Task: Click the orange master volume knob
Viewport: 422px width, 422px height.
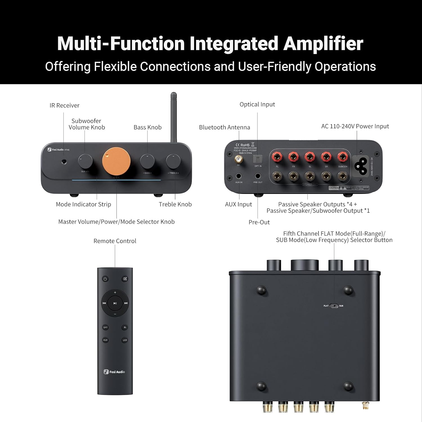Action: (116, 161)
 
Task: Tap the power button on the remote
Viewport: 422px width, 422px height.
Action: (105, 279)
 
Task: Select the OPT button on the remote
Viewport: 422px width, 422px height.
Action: (105, 327)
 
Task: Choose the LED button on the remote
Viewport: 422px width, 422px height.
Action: (125, 340)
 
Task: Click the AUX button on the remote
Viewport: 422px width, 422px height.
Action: (105, 340)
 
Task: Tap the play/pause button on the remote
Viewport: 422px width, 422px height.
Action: (115, 303)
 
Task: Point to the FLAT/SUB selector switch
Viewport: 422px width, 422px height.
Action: (334, 306)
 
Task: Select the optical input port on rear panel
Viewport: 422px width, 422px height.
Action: (258, 160)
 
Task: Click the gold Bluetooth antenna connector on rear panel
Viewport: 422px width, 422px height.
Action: (239, 160)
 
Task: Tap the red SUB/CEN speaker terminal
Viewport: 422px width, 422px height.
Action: (342, 156)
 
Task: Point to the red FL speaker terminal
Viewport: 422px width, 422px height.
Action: (277, 156)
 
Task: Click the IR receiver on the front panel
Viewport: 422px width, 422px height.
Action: (64, 161)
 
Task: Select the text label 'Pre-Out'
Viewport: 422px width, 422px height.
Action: (259, 222)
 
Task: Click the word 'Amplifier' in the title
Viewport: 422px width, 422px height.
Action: (323, 44)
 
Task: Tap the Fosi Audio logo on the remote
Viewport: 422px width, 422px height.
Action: (114, 372)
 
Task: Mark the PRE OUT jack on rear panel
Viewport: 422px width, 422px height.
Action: (258, 176)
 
